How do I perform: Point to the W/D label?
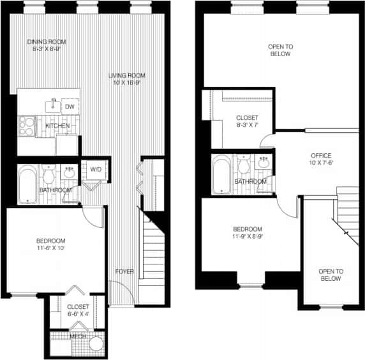pos(96,169)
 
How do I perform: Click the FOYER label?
pos(124,271)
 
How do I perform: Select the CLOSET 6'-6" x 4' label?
pos(78,310)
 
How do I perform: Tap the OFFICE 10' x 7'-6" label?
pos(321,160)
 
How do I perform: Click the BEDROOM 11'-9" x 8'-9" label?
pos(247,233)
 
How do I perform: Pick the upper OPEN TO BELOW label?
pos(279,50)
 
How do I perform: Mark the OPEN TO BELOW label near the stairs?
pos(331,275)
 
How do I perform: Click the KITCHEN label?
pos(57,126)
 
